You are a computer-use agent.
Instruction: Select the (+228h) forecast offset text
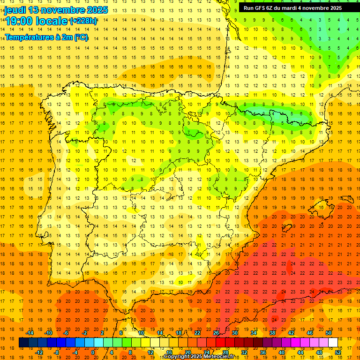click(x=83, y=21)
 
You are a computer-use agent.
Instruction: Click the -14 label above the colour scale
click(x=30, y=333)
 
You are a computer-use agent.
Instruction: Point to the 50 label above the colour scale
click(x=329, y=333)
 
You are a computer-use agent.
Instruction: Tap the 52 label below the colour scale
click(x=338, y=352)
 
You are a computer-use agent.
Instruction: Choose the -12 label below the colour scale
click(x=39, y=352)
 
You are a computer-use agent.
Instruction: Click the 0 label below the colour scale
click(x=93, y=352)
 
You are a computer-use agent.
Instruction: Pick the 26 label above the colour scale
click(x=216, y=333)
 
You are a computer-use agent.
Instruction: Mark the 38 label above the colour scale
click(x=272, y=333)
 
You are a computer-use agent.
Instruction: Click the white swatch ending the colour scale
click(x=333, y=342)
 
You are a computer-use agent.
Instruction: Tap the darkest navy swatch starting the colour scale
click(x=23, y=342)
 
